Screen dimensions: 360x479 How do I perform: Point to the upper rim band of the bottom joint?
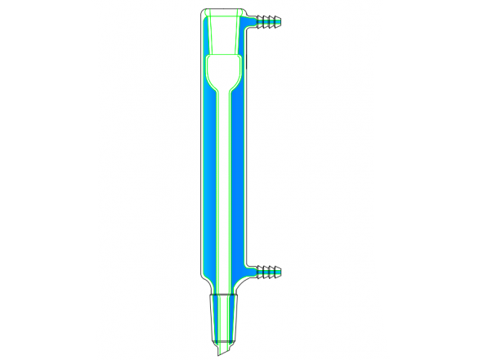[224, 295]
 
